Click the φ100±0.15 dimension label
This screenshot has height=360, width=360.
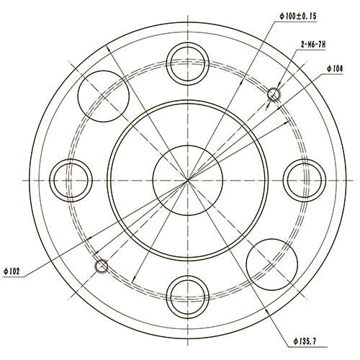297,16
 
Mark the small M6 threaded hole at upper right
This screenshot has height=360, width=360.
274,94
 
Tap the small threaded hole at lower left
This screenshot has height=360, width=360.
102,266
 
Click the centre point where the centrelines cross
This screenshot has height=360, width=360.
187,178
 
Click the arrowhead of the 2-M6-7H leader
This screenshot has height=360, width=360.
277,90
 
